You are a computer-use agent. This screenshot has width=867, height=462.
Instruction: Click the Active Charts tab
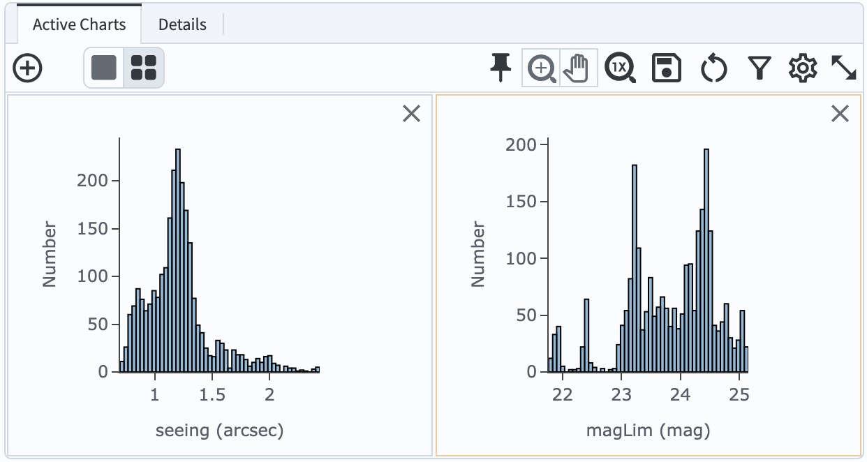pyautogui.click(x=79, y=24)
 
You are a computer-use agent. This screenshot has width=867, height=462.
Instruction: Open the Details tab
pyautogui.click(x=182, y=24)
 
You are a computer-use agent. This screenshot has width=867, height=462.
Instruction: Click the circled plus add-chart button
pyautogui.click(x=28, y=68)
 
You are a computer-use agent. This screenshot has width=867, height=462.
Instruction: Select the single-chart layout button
pyautogui.click(x=104, y=68)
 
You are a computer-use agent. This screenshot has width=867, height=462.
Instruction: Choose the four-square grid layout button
pyautogui.click(x=144, y=68)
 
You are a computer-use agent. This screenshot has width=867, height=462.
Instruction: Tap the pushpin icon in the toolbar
pyautogui.click(x=501, y=68)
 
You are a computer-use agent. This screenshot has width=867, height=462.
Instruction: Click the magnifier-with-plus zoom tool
pyautogui.click(x=541, y=68)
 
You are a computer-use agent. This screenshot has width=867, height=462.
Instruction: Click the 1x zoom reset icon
pyautogui.click(x=620, y=68)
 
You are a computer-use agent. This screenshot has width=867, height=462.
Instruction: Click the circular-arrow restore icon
pyautogui.click(x=713, y=68)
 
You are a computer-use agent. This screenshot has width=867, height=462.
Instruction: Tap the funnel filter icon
pyautogui.click(x=759, y=68)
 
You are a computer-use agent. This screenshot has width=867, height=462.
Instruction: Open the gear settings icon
pyautogui.click(x=802, y=68)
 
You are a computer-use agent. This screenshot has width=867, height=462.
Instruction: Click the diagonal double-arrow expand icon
pyautogui.click(x=844, y=68)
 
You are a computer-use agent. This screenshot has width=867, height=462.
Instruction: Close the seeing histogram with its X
pyautogui.click(x=412, y=114)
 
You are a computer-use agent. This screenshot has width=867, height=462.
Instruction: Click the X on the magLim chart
pyautogui.click(x=840, y=114)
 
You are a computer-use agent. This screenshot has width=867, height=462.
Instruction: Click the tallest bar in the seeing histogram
pyautogui.click(x=178, y=261)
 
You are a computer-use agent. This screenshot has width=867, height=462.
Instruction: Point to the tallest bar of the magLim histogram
pyautogui.click(x=706, y=261)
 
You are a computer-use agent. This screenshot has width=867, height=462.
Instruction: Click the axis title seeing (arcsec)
pyautogui.click(x=219, y=430)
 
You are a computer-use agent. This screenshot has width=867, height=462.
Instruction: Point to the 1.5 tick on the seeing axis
pyautogui.click(x=212, y=394)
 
